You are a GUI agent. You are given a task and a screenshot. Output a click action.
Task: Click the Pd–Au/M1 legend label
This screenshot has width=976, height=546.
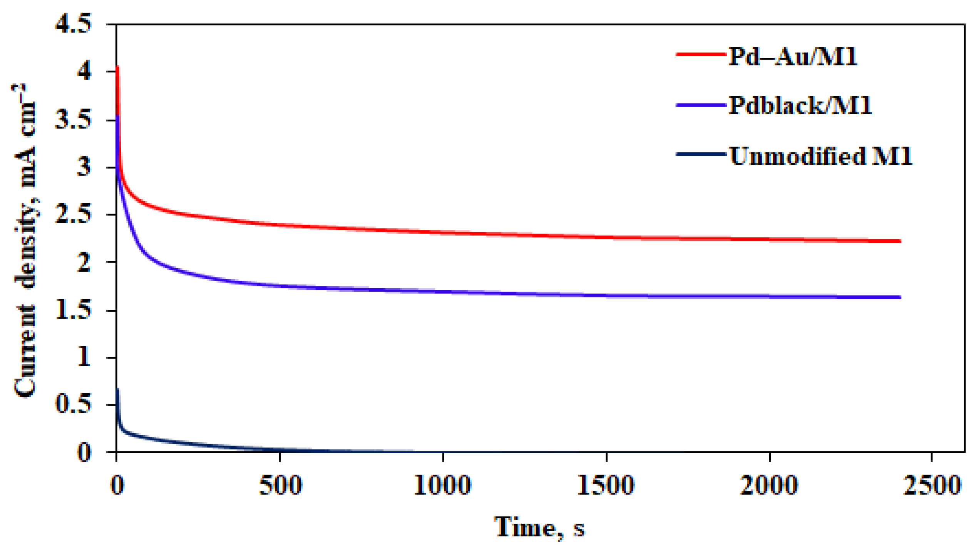point(792,57)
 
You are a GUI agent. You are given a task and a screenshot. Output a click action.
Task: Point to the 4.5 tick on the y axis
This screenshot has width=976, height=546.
point(73,23)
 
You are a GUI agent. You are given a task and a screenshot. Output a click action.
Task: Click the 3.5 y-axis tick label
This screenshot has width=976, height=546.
point(73,120)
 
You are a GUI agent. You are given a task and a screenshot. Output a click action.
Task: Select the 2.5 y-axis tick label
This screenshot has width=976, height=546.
point(73,214)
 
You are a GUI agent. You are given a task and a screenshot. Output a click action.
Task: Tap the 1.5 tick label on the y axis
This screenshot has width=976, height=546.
point(73,310)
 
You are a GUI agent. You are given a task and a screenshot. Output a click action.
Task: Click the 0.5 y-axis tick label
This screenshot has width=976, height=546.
point(73,404)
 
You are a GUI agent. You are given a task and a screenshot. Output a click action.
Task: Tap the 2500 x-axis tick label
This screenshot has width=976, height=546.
point(932,485)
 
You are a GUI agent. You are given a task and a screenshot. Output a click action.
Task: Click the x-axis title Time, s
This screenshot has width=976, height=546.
point(539,527)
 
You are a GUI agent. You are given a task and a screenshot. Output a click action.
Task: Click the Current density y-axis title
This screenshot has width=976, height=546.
point(25,240)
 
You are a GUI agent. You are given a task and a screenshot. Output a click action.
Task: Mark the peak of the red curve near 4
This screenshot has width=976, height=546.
point(117,67)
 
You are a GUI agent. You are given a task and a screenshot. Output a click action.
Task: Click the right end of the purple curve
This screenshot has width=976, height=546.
point(900,297)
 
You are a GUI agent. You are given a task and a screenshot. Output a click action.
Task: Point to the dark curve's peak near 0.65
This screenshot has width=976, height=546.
point(117,389)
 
